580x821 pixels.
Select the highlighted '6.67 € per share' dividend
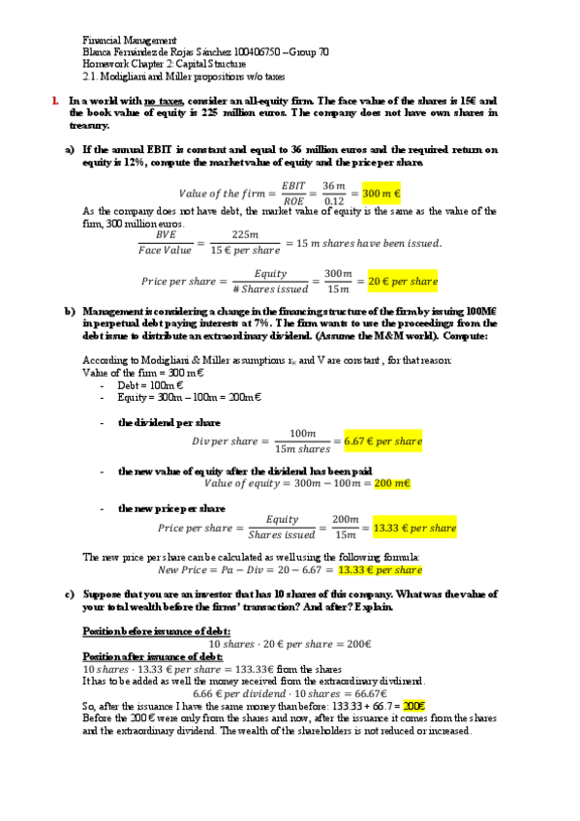click(x=382, y=441)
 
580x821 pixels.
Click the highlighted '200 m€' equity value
click(x=392, y=482)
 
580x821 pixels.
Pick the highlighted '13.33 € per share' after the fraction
click(x=414, y=529)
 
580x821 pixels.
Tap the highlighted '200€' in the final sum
click(x=413, y=707)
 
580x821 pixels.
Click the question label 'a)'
click(x=70, y=150)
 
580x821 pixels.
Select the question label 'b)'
click(x=70, y=312)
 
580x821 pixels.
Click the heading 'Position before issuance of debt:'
click(x=157, y=630)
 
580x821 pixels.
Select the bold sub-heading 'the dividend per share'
click(x=168, y=422)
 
